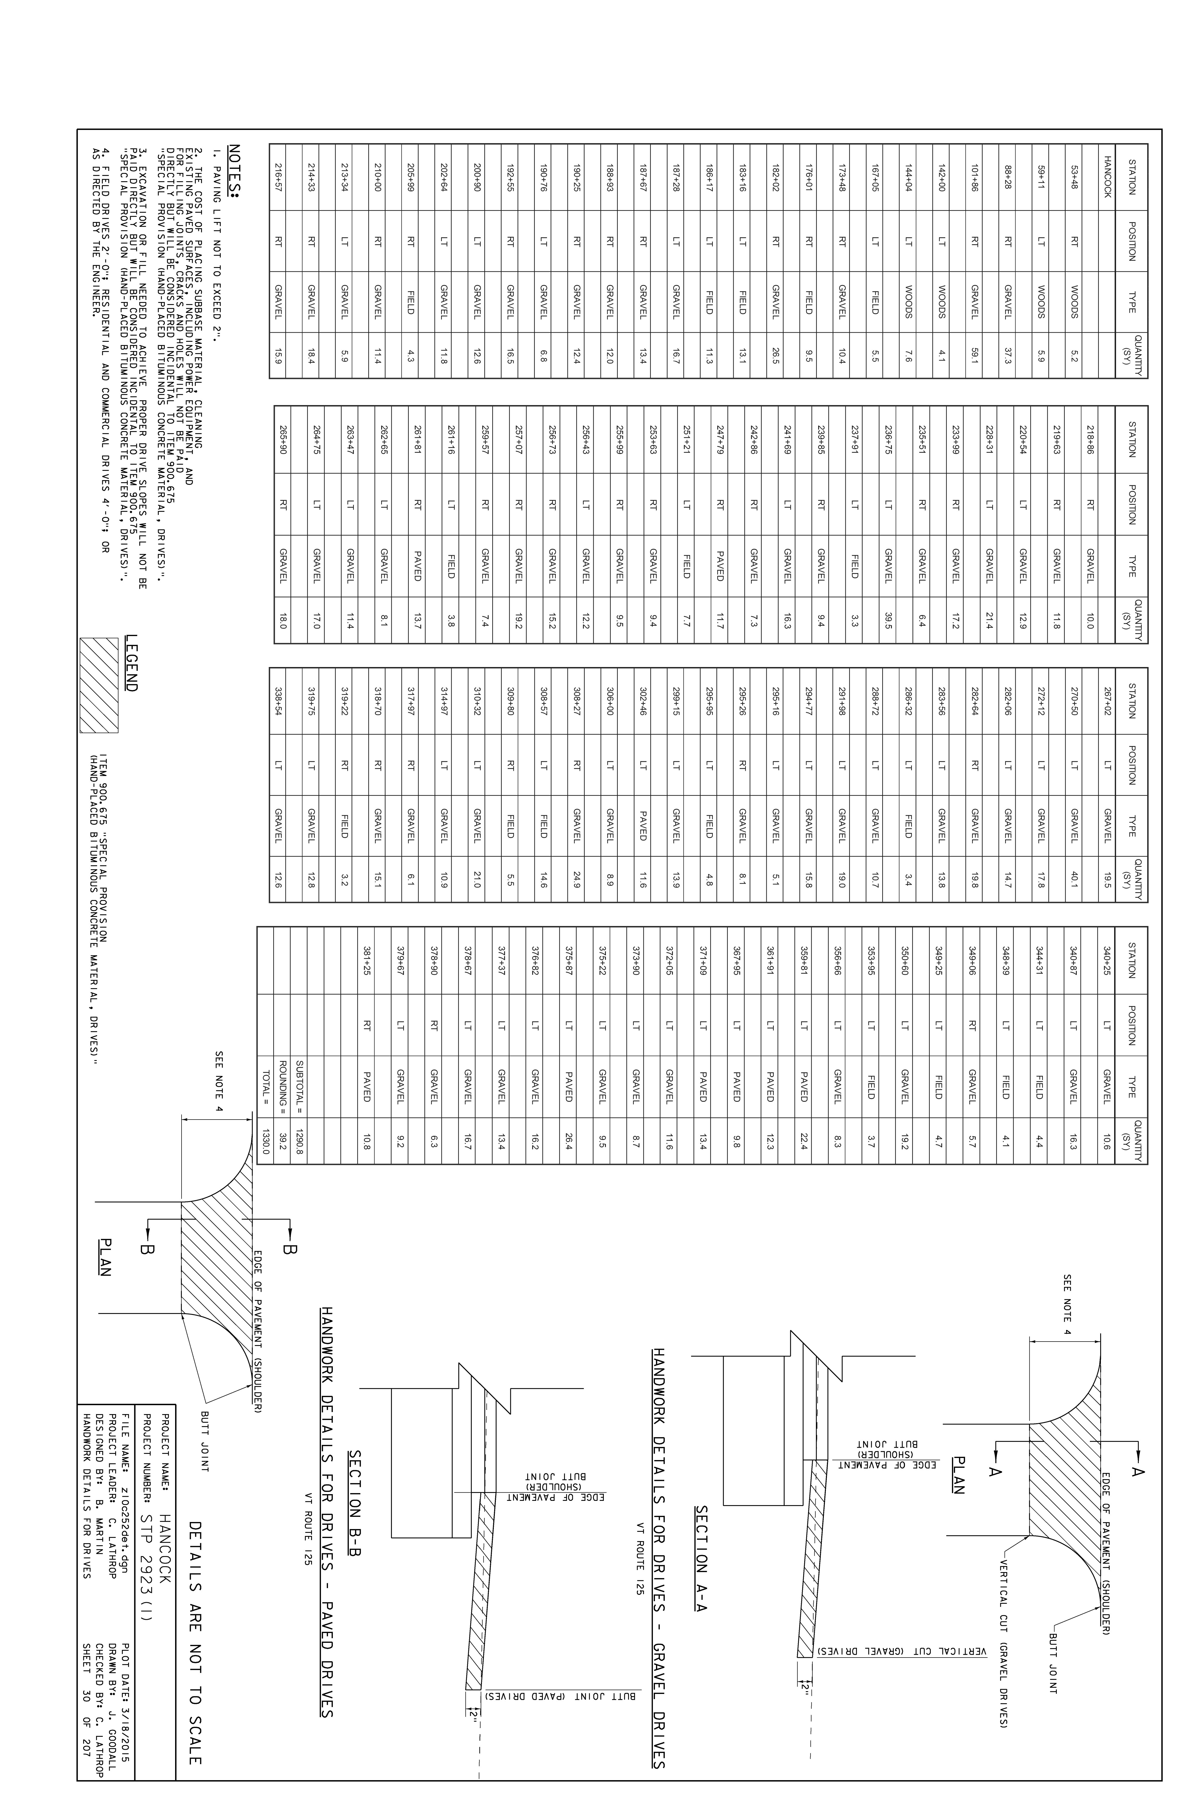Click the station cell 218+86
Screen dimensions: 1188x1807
(x=1091, y=439)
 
